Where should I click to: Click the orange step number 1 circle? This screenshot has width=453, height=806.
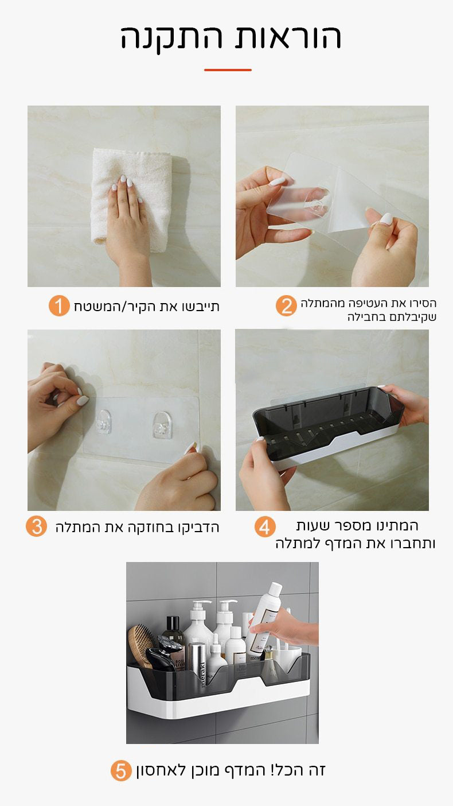point(58,306)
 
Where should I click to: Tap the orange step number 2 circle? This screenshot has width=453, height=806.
point(286,306)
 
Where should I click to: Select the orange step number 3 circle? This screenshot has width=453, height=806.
point(36,526)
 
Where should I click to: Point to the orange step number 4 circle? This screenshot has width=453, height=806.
point(264,526)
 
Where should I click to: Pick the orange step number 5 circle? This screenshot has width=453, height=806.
point(121,771)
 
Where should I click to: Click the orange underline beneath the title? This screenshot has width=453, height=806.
point(228,70)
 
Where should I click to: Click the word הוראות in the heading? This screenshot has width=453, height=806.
point(286,37)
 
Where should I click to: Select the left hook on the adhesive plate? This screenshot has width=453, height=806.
point(103,422)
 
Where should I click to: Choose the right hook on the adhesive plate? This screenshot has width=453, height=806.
point(162,424)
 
